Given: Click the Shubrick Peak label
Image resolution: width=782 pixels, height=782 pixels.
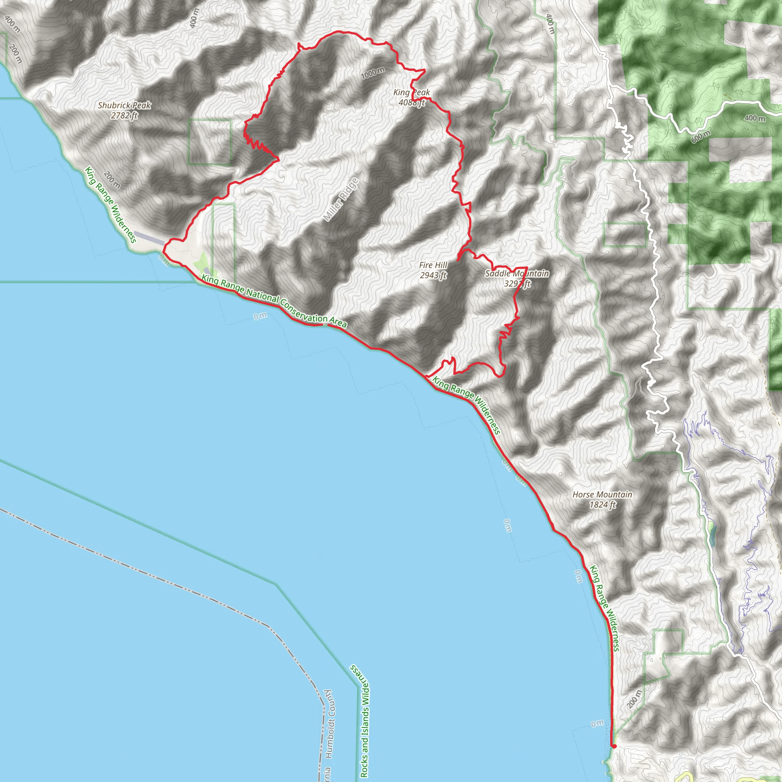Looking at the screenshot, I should [124, 105].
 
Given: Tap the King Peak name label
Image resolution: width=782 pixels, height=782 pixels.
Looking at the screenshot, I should [412, 93].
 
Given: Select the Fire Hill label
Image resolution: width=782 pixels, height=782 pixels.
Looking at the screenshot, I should [433, 265].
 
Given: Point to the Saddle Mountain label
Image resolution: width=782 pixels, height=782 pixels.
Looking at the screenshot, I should [517, 274].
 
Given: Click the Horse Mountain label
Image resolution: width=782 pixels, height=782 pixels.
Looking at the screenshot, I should [602, 494].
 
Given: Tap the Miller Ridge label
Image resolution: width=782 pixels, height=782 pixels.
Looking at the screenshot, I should [341, 200].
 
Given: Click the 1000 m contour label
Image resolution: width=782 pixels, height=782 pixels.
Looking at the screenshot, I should [373, 73].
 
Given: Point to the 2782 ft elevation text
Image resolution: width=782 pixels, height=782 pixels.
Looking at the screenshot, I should [124, 115].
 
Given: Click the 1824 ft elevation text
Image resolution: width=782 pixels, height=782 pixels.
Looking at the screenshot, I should [602, 504].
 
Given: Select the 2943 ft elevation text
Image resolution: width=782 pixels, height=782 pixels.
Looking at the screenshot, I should [433, 275].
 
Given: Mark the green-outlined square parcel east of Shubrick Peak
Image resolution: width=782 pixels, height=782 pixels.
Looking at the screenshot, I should [210, 141].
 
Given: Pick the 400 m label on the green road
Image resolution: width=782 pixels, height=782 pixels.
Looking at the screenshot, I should [755, 118].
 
